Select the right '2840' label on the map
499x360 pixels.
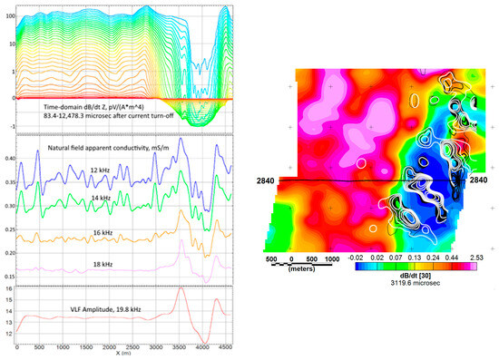[479, 181]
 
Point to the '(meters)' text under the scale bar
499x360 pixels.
[304, 268]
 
